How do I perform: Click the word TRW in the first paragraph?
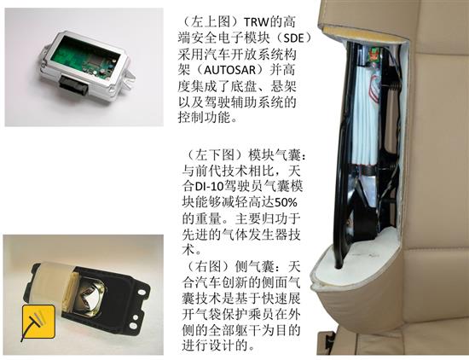click(257, 22)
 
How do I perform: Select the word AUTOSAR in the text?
click(229, 70)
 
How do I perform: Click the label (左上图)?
click(210, 22)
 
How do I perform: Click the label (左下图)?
click(215, 154)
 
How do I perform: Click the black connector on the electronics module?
click(73, 84)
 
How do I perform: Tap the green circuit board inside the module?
click(82, 58)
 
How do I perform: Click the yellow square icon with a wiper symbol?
click(38, 322)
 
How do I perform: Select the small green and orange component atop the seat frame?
click(373, 55)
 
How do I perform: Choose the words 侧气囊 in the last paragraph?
click(256, 266)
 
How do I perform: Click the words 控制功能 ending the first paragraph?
click(205, 117)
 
